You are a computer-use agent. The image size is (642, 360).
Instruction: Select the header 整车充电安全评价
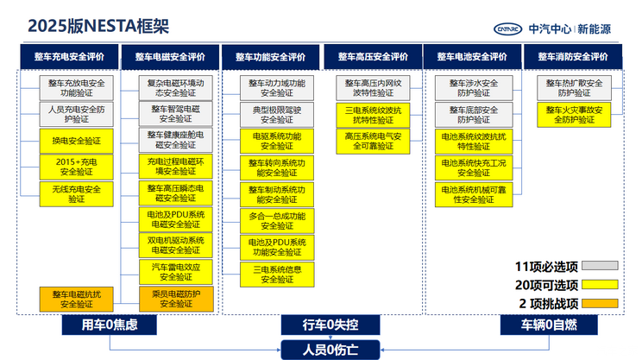point(70,57)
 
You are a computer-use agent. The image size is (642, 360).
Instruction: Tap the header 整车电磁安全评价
point(170,57)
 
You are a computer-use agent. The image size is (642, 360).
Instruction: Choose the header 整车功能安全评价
point(271,57)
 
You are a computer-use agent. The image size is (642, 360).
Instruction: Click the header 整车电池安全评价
point(472,57)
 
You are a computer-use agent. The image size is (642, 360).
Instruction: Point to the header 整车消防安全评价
point(573,57)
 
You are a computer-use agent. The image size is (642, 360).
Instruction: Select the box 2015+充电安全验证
point(76,167)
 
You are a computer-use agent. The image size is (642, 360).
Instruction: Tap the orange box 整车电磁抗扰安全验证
point(76,299)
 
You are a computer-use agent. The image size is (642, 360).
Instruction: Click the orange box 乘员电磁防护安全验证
point(176,299)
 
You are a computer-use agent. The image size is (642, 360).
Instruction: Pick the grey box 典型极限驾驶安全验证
point(276,114)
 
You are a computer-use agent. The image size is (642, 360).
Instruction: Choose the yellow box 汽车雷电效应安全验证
point(176,272)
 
